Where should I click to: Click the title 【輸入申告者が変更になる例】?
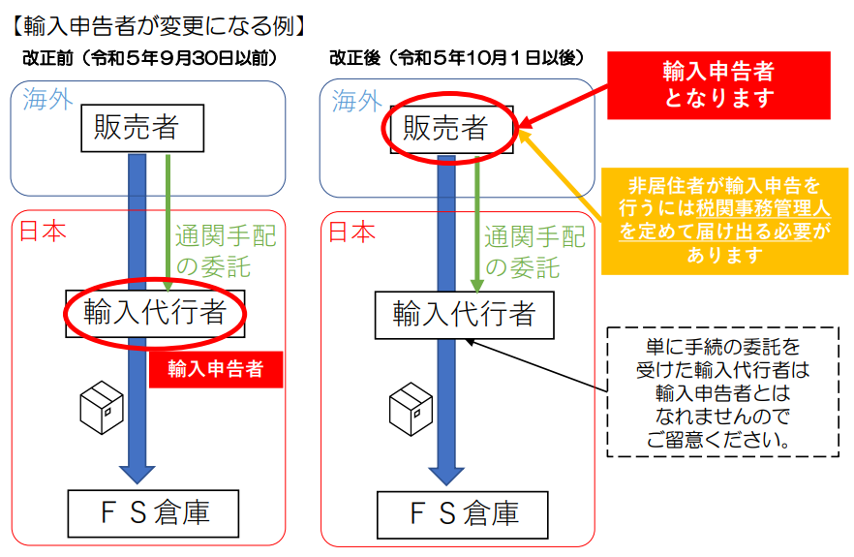158,25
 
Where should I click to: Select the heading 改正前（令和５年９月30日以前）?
150,58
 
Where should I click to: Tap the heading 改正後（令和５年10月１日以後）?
457,57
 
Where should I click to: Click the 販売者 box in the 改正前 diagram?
142,128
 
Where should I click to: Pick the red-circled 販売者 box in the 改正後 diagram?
451,129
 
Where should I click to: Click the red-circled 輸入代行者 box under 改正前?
155,314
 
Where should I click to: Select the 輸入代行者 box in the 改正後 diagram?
464,315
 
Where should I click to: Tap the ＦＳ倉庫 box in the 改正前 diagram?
153,513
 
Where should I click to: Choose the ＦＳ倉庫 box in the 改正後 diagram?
463,515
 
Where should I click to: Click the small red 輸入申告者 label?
216,369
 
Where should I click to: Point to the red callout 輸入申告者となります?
718,85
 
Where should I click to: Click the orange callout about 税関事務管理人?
724,221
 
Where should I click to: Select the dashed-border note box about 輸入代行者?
722,392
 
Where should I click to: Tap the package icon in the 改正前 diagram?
102,407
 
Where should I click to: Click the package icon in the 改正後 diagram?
411,409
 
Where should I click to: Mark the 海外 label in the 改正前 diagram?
47,100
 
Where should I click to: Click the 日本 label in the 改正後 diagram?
351,232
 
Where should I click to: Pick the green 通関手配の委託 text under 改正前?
226,251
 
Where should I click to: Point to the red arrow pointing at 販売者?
564,107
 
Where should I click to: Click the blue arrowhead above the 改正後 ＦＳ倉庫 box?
446,476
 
